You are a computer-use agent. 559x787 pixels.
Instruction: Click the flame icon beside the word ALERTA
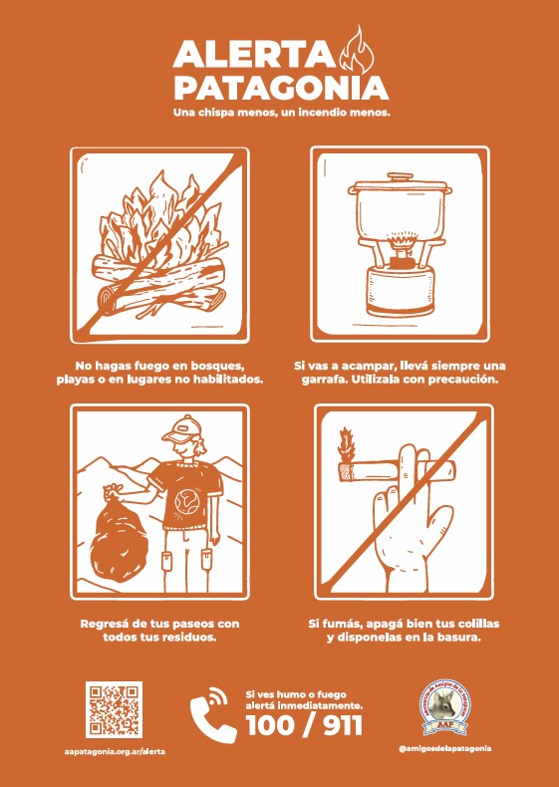357,50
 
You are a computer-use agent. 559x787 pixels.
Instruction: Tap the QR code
114,709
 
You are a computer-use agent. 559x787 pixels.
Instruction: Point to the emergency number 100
270,726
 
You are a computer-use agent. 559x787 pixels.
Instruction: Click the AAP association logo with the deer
445,707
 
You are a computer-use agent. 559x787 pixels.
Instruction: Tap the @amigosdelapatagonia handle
445,748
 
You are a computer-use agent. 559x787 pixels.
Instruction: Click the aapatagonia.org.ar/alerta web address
115,751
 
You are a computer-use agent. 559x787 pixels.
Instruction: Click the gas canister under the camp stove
400,292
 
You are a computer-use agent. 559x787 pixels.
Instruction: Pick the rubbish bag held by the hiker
119,536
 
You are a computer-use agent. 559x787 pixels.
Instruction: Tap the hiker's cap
182,429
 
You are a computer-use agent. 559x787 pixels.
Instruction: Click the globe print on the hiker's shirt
187,501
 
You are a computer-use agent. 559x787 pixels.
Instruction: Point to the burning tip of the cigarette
347,471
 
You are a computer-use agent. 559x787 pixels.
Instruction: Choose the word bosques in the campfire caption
219,366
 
